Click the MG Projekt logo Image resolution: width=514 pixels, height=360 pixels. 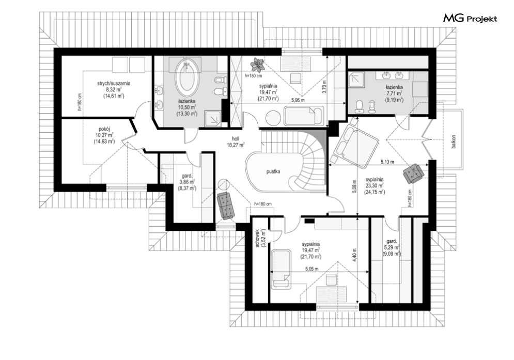[470, 19]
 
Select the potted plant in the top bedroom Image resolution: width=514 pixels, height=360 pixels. [258, 65]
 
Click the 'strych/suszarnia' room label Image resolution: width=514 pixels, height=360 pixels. [114, 83]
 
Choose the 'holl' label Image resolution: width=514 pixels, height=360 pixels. [236, 139]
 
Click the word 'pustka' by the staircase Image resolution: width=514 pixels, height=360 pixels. [273, 171]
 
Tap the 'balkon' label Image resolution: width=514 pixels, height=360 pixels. [454, 142]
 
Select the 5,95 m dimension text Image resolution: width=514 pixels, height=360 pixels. [298, 100]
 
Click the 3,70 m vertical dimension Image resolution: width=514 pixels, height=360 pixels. [324, 87]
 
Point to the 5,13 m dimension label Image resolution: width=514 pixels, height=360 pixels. [387, 162]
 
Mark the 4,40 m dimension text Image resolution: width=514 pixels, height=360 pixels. [353, 254]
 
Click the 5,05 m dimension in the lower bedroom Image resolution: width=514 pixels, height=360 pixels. [311, 269]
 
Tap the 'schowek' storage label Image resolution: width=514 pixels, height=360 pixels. [258, 238]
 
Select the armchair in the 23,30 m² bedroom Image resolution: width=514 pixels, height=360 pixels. [413, 174]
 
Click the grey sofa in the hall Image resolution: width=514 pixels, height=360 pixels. [226, 205]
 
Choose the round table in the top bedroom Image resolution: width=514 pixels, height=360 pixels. [273, 117]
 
